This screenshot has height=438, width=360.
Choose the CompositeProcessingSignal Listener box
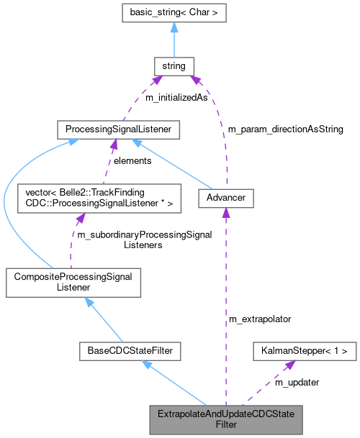pos(73,281)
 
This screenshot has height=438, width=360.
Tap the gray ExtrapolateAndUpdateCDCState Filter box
pos(225,419)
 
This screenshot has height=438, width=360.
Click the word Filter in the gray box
pos(226,425)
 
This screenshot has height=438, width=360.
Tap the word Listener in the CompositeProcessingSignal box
pos(73,287)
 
